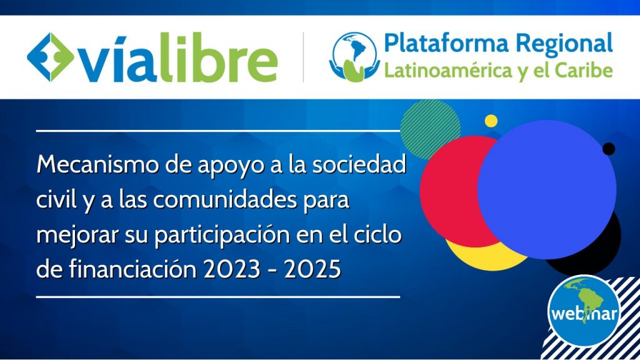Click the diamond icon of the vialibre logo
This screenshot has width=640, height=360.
[x=51, y=57]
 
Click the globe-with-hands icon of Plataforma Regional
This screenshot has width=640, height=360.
[x=354, y=57]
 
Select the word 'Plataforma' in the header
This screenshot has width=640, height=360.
[x=446, y=43]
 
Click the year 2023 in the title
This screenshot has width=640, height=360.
[x=232, y=270]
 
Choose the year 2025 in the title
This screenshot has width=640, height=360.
[x=312, y=270]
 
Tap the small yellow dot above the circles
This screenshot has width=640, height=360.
[x=491, y=121]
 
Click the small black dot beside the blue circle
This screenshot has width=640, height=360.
[x=609, y=149]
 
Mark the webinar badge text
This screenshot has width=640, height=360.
[x=584, y=314]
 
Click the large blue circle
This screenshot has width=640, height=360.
[x=547, y=190]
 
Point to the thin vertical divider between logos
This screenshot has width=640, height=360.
[x=303, y=57]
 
